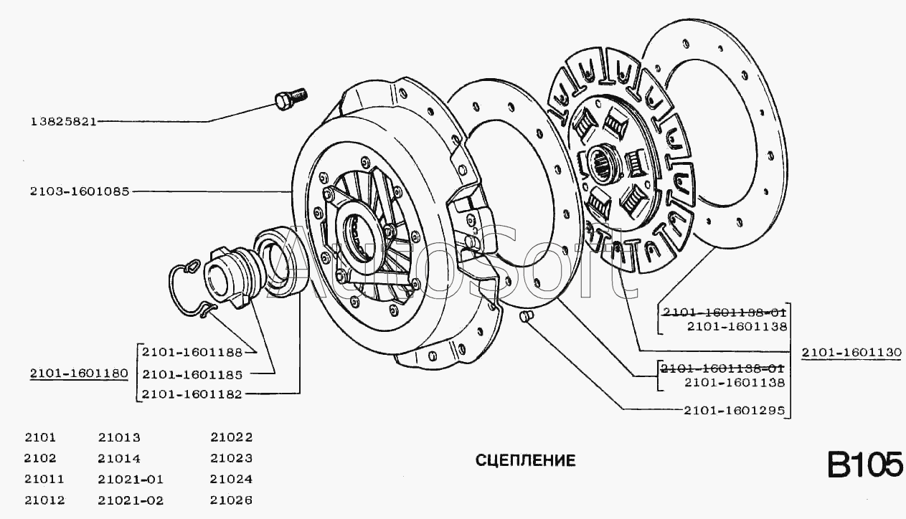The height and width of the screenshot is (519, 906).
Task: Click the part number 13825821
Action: [x=63, y=121]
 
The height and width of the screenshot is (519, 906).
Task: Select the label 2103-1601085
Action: [x=79, y=191]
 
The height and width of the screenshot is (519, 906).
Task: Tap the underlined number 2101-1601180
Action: [x=79, y=373]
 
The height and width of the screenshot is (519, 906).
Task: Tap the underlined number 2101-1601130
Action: [x=851, y=352]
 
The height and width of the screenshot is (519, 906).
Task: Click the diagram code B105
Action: [x=865, y=465]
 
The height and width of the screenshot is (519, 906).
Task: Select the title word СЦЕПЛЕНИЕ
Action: [x=525, y=460]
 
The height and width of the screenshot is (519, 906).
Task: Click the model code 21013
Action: [x=118, y=437]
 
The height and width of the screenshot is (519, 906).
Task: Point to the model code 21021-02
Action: [x=131, y=500]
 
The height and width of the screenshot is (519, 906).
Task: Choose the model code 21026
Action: [x=232, y=500]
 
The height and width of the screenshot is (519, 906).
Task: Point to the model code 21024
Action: [x=232, y=479]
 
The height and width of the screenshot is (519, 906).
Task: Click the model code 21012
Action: [x=44, y=500]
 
